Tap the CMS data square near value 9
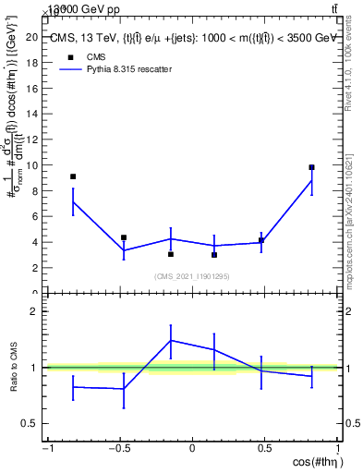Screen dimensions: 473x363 click(x=73, y=176)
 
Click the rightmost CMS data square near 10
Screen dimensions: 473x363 click(x=311, y=167)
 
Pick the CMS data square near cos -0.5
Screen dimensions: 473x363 click(x=123, y=237)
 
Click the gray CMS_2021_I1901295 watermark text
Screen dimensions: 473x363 click(x=193, y=276)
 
